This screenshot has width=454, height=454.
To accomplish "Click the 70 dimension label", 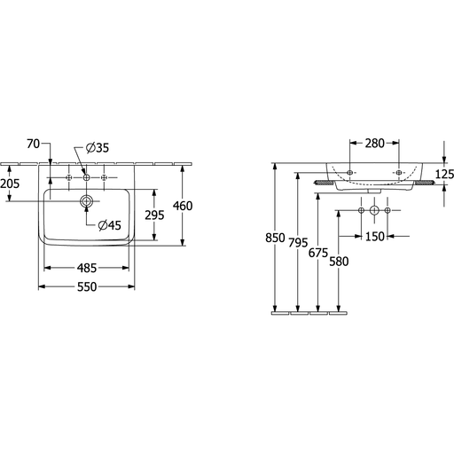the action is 33,144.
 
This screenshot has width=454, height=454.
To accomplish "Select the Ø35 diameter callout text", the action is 98,148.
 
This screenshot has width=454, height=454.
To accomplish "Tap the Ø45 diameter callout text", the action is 110,225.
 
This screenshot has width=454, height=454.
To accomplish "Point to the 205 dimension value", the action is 10,184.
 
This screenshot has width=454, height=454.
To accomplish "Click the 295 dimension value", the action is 154,215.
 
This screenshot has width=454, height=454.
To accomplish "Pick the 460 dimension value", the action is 183,206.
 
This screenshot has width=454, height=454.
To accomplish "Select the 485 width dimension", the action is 87,268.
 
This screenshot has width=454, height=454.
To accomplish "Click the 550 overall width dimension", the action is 87,286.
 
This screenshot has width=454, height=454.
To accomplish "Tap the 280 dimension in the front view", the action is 374,144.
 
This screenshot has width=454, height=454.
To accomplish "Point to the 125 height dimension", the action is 444,175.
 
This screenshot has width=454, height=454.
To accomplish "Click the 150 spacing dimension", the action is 375,237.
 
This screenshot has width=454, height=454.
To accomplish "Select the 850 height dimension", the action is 275,238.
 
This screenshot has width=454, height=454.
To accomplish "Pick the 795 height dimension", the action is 298,243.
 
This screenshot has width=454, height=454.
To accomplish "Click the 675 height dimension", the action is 318,253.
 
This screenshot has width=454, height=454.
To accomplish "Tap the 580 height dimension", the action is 339,262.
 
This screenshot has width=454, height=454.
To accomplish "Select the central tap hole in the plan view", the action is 86,177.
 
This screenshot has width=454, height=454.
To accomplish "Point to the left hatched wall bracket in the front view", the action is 325,183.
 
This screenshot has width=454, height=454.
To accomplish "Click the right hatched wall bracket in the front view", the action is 425,183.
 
